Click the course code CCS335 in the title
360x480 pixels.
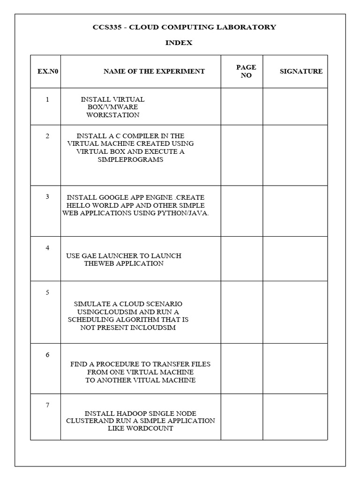[106, 27]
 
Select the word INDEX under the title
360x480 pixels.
[179, 43]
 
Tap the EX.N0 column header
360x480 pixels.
[45, 72]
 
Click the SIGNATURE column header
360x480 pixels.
[301, 72]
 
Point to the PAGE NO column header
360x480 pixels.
[246, 72]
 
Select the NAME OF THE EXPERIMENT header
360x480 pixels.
[154, 72]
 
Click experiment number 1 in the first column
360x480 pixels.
[47, 99]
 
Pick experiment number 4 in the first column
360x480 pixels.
[47, 247]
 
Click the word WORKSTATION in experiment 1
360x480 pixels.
[112, 115]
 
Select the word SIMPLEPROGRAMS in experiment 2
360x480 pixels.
[130, 159]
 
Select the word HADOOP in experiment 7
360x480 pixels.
[128, 413]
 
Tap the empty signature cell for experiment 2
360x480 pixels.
[295, 155]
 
